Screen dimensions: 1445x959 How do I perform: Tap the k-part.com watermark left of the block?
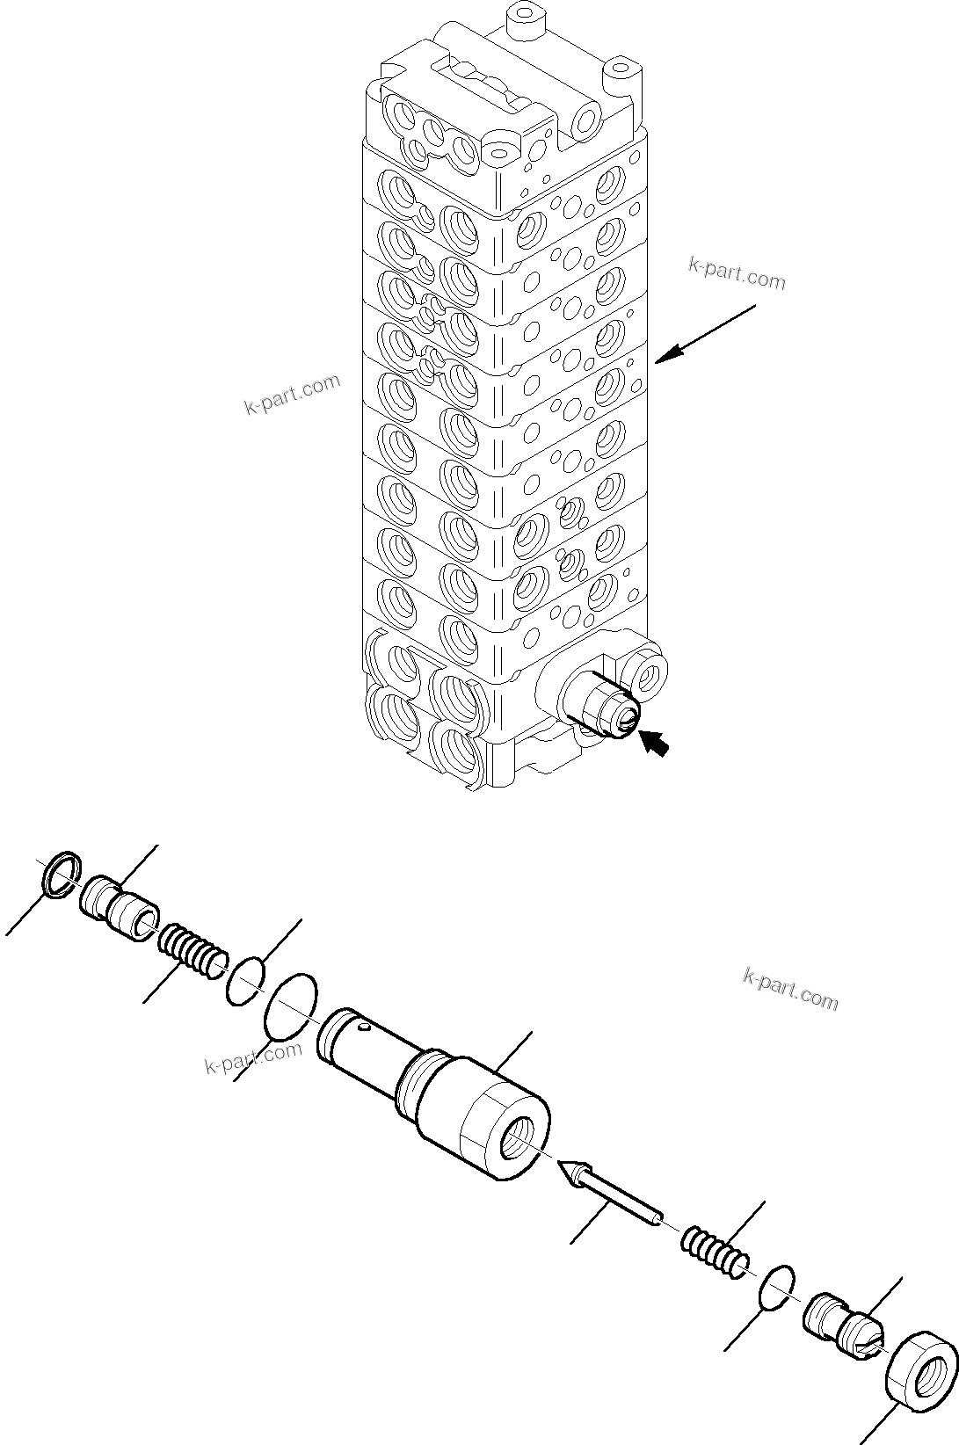pos(291,396)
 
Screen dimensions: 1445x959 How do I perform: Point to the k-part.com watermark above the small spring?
pos(790,990)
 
